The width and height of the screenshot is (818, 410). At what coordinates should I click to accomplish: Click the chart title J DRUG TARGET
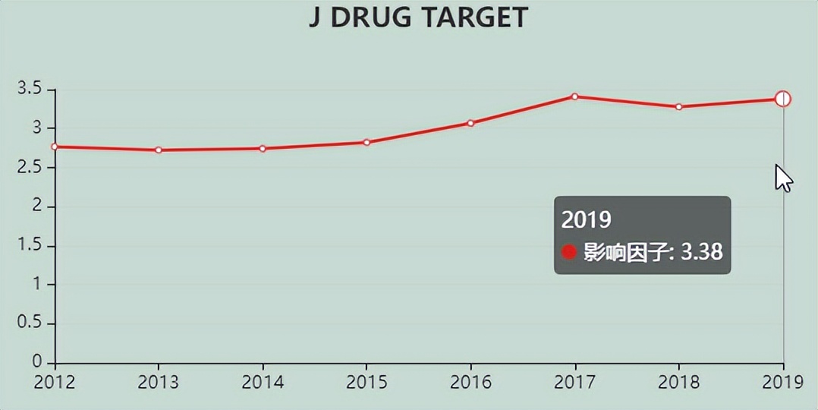[x=418, y=17]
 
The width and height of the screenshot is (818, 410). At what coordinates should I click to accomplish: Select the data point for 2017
[x=574, y=96]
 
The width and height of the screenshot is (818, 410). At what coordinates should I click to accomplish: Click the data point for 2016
[x=470, y=123]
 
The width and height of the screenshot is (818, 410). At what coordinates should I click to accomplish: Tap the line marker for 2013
[x=159, y=150]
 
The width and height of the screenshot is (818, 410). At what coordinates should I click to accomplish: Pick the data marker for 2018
[x=678, y=107]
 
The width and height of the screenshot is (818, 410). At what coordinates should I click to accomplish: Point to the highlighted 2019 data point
[x=783, y=99]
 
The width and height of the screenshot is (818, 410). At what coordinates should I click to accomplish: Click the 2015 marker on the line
[x=367, y=142]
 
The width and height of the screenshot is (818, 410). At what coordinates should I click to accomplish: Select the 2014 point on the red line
[x=263, y=148]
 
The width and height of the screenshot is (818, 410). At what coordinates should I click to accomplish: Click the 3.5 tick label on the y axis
[x=29, y=90]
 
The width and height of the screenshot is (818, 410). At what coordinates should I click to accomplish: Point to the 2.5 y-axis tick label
[x=29, y=168]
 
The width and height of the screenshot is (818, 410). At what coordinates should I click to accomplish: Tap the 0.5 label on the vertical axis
[x=29, y=324]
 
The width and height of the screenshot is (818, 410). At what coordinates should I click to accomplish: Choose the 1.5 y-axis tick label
[x=29, y=246]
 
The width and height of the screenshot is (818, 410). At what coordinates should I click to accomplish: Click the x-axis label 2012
[x=55, y=382]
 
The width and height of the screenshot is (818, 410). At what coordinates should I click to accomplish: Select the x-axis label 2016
[x=470, y=382]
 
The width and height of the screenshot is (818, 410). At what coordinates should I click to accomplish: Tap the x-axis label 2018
[x=678, y=382]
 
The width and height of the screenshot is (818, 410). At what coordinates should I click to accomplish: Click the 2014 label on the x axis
[x=263, y=382]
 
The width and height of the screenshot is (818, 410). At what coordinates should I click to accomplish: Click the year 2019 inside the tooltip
[x=586, y=220]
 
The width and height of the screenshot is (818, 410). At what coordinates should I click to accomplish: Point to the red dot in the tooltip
[x=569, y=253]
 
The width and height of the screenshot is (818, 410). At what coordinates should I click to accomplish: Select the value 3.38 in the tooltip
[x=701, y=253]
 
